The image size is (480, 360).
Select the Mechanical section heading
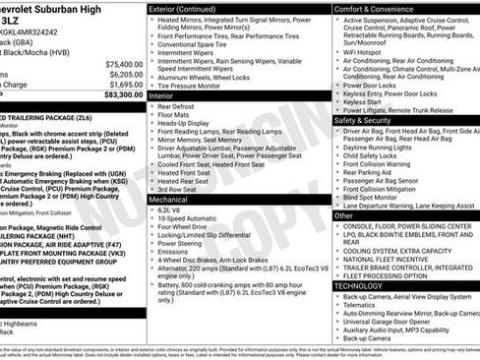(171, 199)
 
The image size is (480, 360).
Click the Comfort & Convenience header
(376, 8)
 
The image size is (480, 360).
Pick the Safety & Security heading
(365, 119)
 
